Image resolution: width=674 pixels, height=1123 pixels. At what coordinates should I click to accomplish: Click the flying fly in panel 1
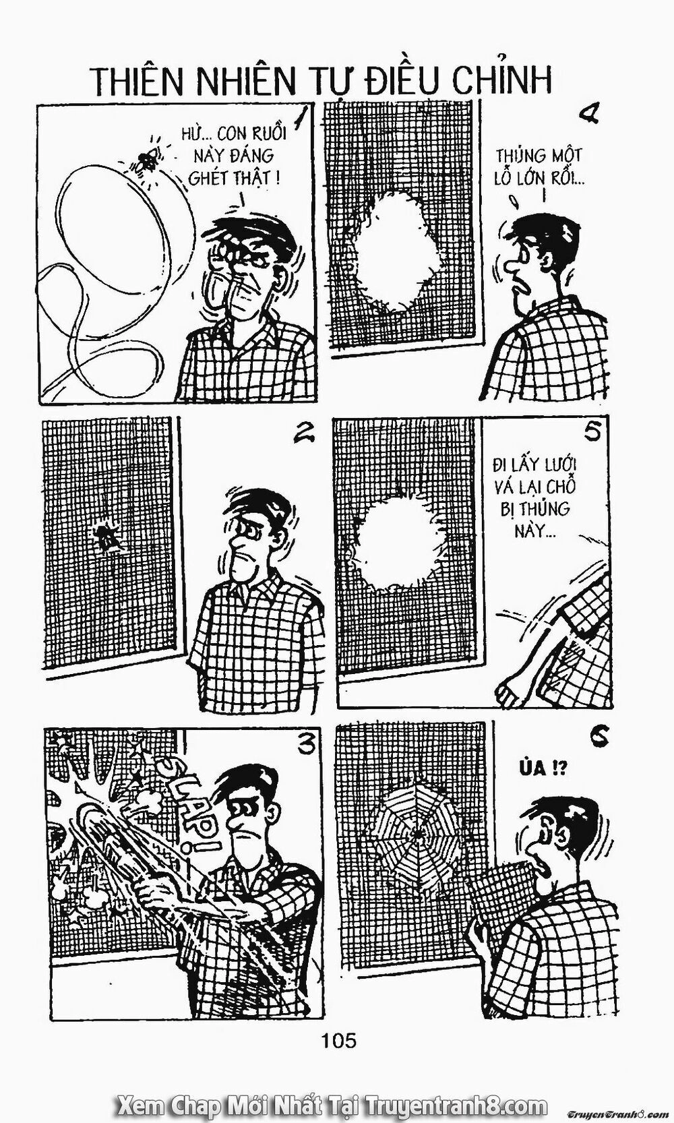click(146, 158)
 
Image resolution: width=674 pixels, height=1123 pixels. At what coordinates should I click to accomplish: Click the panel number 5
click(592, 432)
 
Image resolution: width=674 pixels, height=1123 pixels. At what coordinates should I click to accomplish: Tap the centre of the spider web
click(419, 833)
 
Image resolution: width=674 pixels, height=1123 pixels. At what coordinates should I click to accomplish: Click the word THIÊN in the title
click(133, 81)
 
